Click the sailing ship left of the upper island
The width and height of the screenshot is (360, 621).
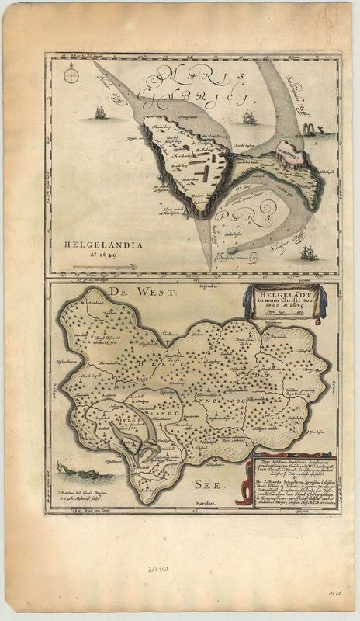click(x=99, y=113)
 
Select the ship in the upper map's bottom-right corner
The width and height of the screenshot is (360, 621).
click(x=307, y=252)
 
